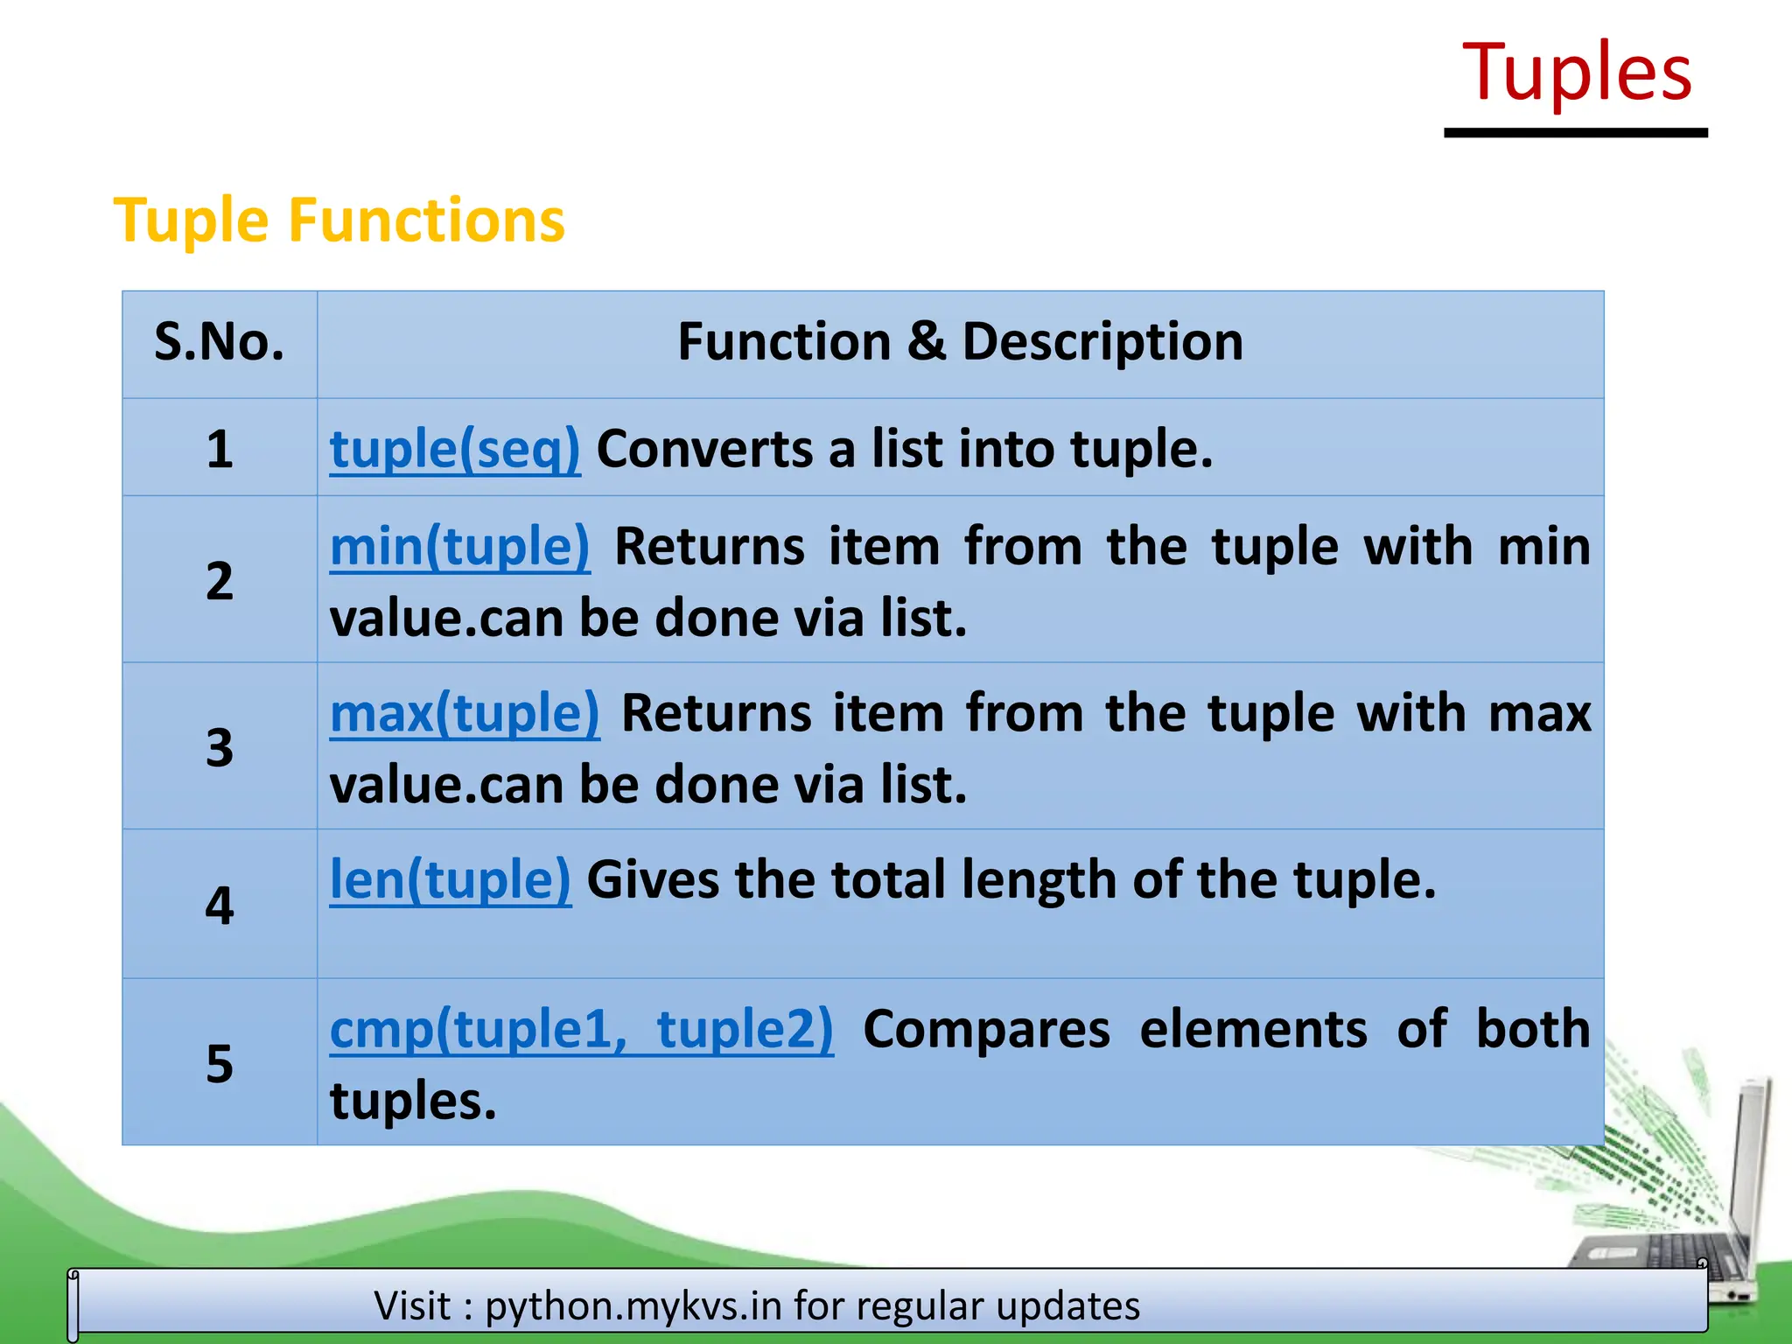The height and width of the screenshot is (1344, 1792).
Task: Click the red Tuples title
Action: click(1577, 73)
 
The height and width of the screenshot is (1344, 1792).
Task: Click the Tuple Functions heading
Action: click(339, 220)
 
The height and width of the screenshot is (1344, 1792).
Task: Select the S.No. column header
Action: click(220, 342)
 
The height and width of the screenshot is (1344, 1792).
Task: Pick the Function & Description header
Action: click(960, 342)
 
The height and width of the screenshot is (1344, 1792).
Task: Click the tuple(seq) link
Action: click(455, 450)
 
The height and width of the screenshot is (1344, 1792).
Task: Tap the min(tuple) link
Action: click(460, 547)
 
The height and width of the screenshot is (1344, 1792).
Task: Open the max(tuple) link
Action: click(465, 713)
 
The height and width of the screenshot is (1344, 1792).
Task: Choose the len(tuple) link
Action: click(450, 879)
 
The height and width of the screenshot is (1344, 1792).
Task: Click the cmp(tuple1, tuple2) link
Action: click(581, 1029)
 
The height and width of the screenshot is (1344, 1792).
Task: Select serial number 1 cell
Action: click(220, 450)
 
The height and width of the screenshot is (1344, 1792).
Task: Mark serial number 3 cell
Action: click(220, 747)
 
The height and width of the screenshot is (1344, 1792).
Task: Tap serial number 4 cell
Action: click(220, 905)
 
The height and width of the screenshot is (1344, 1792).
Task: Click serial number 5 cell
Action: click(220, 1063)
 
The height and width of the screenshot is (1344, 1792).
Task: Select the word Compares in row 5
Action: click(986, 1029)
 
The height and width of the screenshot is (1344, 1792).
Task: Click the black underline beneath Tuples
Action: click(1576, 133)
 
